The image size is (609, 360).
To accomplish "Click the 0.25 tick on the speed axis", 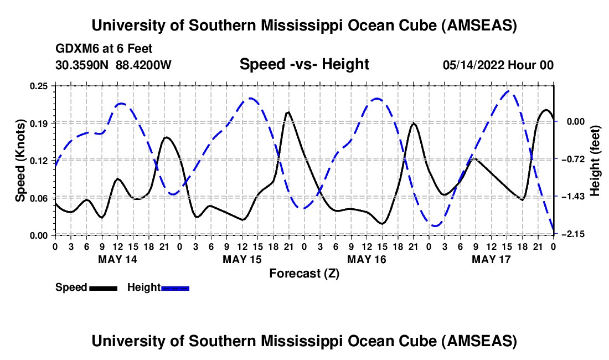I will (39, 86).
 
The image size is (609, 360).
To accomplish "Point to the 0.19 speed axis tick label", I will (39, 123).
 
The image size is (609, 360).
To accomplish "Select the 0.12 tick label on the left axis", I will (39, 161).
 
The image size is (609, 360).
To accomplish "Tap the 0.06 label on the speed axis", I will (39, 198).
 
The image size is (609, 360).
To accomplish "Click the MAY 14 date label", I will (117, 259).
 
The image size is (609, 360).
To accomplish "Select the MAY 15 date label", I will (242, 259).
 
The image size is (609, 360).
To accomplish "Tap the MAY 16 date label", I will (367, 259).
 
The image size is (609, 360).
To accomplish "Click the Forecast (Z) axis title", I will (304, 273).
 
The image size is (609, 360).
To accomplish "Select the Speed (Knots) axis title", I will (20, 160).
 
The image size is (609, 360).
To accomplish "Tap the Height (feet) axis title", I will (596, 160).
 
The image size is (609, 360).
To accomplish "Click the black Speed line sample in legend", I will (103, 288).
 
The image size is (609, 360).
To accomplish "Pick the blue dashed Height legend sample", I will (175, 288).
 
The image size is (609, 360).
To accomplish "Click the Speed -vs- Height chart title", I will (304, 64).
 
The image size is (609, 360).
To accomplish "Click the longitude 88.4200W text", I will (143, 65).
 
